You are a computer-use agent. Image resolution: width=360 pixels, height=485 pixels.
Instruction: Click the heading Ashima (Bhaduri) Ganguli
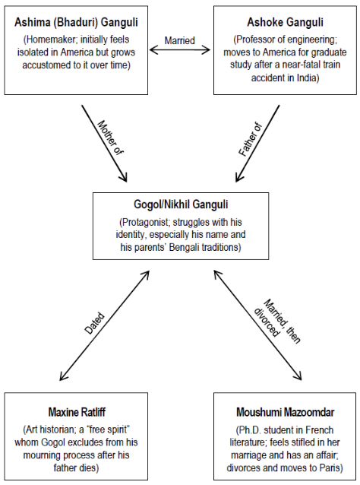click(x=76, y=23)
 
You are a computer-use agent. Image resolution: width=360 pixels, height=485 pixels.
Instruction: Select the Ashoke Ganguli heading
click(x=285, y=22)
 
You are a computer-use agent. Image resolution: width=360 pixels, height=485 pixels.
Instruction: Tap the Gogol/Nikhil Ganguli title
click(x=181, y=204)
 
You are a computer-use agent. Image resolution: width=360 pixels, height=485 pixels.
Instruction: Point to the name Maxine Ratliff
click(x=77, y=412)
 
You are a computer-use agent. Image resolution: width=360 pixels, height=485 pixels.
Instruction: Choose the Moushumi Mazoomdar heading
click(x=286, y=412)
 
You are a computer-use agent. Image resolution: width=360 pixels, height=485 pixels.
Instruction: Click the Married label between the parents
click(x=179, y=40)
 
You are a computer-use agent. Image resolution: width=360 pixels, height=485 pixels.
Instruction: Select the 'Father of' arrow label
click(x=250, y=139)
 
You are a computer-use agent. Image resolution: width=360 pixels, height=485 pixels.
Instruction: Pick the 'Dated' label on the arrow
click(x=95, y=323)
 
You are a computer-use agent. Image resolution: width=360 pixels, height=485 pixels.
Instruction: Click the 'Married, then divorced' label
click(x=277, y=322)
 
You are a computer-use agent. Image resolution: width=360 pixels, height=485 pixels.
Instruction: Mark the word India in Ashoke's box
click(x=307, y=78)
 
